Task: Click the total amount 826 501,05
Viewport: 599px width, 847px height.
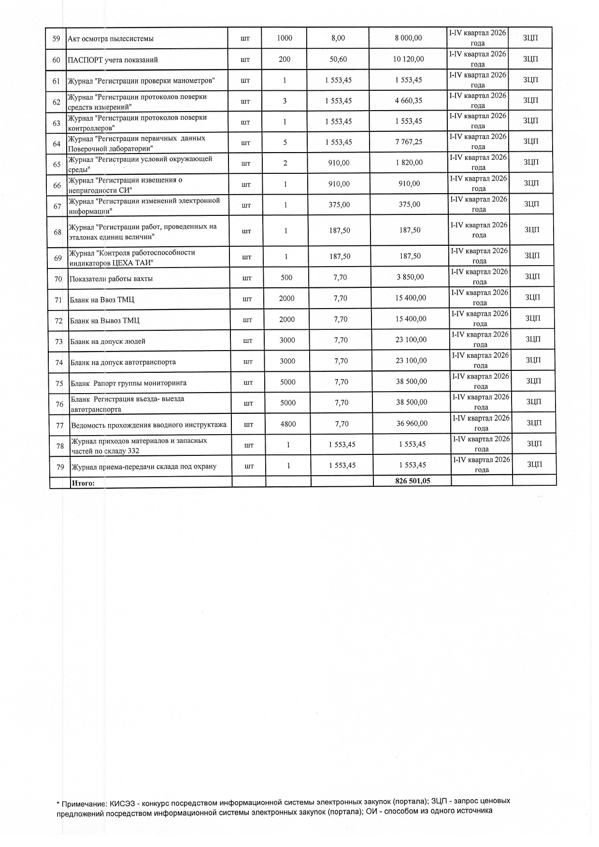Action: coord(412,481)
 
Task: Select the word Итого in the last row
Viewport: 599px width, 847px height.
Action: coord(83,482)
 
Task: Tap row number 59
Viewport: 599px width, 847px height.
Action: coord(56,39)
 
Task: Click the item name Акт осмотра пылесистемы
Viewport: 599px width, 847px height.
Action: coord(111,39)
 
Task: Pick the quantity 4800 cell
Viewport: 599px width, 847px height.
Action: coord(288,424)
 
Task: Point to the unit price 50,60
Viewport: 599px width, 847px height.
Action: coord(338,59)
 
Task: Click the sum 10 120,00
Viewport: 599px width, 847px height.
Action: coord(409,59)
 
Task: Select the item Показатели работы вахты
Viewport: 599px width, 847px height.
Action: coord(111,279)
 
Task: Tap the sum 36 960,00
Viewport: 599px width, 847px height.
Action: coord(412,423)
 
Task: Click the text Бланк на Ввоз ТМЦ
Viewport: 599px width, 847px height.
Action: coord(102,300)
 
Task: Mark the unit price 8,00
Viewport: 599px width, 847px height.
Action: coord(338,38)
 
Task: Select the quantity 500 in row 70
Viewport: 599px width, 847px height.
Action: coord(286,278)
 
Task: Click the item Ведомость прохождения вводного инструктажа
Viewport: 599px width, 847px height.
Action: coord(149,425)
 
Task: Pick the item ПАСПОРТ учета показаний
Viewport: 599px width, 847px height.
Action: coord(113,60)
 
